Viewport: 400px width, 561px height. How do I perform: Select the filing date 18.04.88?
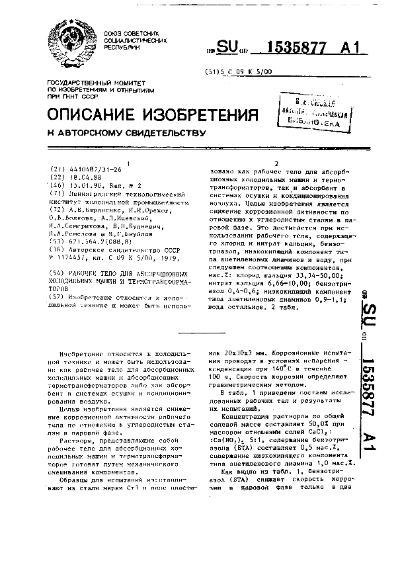82,177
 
